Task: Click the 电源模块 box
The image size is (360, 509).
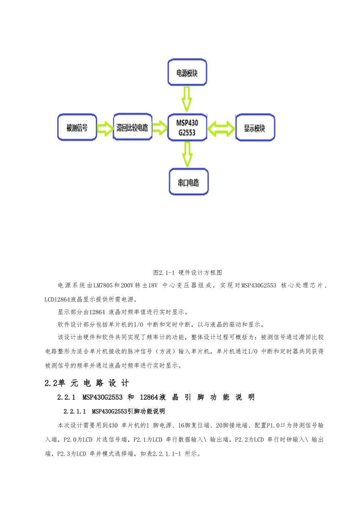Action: coord(187,72)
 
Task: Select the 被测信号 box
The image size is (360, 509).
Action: coord(77,128)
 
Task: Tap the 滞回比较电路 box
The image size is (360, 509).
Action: coord(133,127)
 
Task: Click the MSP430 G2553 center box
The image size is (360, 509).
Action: coord(187,128)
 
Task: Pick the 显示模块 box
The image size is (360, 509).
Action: coord(255,128)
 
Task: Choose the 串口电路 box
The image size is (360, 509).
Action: coord(188,182)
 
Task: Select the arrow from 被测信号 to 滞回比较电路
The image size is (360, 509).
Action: coord(105,128)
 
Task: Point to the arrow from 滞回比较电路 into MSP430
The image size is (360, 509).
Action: coord(160,128)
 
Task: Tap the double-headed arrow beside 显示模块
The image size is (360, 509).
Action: coord(221,128)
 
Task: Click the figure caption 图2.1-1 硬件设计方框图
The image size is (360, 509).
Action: coord(188,273)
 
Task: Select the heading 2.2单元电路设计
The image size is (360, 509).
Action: coord(87,383)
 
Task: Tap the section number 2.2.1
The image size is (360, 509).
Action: coord(66,397)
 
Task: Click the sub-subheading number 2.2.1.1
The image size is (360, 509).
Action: coord(75,411)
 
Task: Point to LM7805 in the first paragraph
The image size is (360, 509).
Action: coord(103,286)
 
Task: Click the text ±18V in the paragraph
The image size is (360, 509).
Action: coord(150,286)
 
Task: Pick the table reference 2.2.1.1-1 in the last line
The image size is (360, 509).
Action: coord(167,454)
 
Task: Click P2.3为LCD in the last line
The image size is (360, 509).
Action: coord(72,454)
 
